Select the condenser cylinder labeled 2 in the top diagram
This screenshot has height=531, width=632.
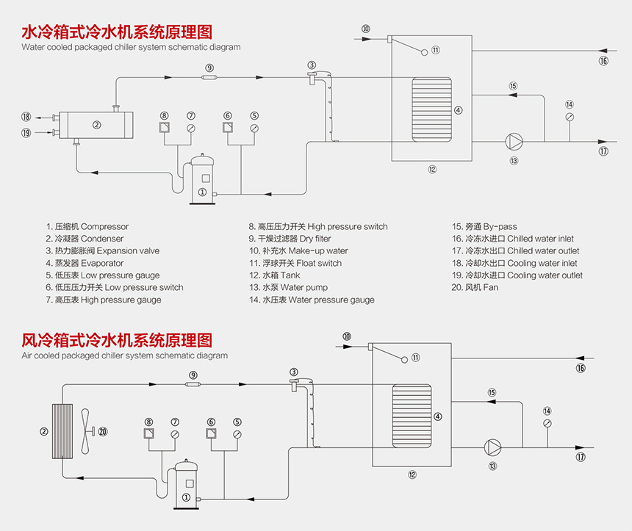pos(96,125)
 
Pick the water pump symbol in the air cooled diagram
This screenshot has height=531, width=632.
pos(492,447)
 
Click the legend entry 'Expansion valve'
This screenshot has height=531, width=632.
pos(102,251)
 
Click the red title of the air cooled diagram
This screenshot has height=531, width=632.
pos(117,340)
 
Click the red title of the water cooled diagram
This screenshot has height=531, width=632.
pos(117,32)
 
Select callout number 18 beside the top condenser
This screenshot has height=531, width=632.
pos(26,117)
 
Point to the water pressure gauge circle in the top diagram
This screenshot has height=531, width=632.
pos(570,118)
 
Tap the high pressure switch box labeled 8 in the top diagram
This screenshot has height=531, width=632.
pos(165,129)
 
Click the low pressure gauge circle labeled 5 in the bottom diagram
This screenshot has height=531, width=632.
pos(237,435)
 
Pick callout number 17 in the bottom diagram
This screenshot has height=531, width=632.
pos(582,457)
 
